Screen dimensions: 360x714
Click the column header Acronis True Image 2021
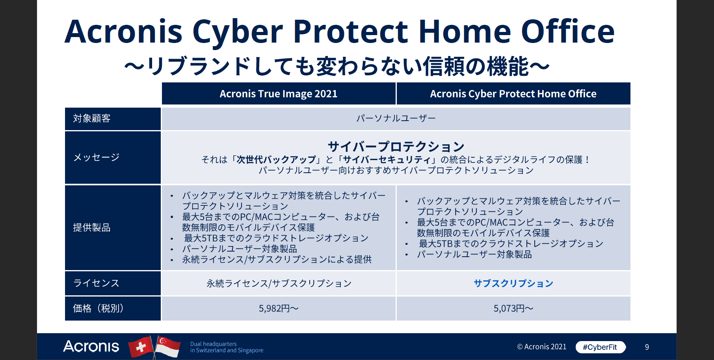(x=279, y=94)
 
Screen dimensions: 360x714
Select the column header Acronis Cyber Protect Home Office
(x=513, y=94)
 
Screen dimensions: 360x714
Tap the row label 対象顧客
(x=92, y=118)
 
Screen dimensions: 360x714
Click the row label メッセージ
(x=97, y=157)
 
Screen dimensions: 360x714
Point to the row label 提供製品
(x=92, y=228)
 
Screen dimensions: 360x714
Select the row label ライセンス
(x=97, y=283)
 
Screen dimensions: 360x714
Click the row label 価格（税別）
(x=99, y=308)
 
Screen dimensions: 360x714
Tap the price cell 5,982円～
(x=279, y=308)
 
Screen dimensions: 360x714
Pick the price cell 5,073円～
(x=513, y=308)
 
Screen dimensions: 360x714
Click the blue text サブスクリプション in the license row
(x=513, y=284)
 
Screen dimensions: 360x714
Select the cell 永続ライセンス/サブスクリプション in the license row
(x=279, y=284)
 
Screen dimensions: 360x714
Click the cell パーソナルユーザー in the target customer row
(x=396, y=118)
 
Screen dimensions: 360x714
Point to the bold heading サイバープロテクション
(x=396, y=147)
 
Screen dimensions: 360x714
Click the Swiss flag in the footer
(x=141, y=347)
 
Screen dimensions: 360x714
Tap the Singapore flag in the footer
(x=168, y=347)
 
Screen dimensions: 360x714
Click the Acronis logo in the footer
(x=91, y=346)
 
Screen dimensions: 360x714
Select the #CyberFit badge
(x=600, y=347)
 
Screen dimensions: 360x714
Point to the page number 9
(x=647, y=347)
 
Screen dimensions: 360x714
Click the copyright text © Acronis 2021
(x=541, y=347)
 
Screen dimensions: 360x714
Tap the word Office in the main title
(x=567, y=32)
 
